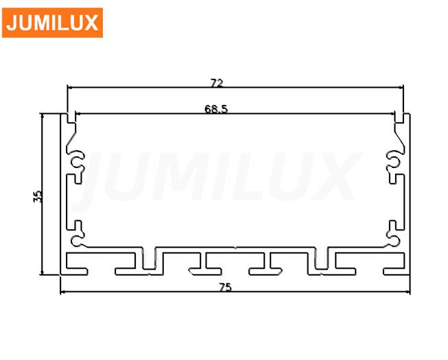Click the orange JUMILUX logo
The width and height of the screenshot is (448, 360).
coord(52,23)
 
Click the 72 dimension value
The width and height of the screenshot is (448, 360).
coord(217,83)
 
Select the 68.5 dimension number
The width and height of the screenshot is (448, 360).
coord(216,109)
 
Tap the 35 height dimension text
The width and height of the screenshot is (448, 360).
coord(38,196)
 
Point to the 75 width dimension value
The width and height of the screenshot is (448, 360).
coord(226,287)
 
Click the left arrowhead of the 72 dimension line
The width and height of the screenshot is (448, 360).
coord(70,87)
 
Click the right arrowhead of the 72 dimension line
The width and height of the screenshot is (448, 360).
coord(400,87)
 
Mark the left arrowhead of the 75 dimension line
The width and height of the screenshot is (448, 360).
coord(63,291)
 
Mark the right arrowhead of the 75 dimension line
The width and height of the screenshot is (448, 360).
coord(407,291)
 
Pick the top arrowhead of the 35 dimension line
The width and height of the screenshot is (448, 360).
coord(43,117)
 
